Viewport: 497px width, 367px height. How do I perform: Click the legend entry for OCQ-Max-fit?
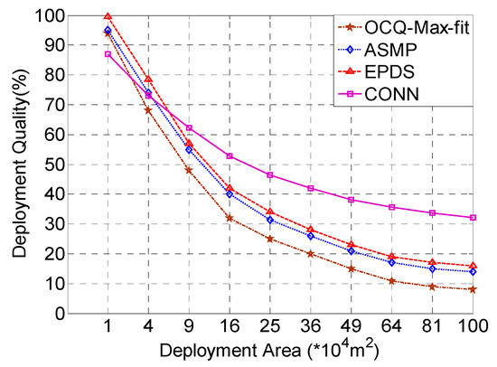click(x=426, y=24)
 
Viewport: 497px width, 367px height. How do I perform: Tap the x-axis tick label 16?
click(x=230, y=325)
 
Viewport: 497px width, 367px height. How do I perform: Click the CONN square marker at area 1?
click(x=108, y=54)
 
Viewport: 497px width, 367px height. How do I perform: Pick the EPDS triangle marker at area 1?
click(x=108, y=16)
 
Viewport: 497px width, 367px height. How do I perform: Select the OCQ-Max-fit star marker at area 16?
click(x=230, y=218)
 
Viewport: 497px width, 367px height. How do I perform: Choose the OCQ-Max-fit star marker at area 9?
click(x=189, y=170)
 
